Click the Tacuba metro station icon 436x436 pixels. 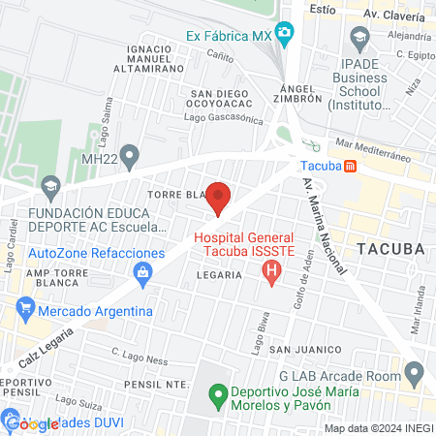click(350, 166)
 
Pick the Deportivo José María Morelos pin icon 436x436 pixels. click(219, 396)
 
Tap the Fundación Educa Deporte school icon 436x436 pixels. click(50, 185)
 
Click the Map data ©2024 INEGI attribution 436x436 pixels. click(378, 427)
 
